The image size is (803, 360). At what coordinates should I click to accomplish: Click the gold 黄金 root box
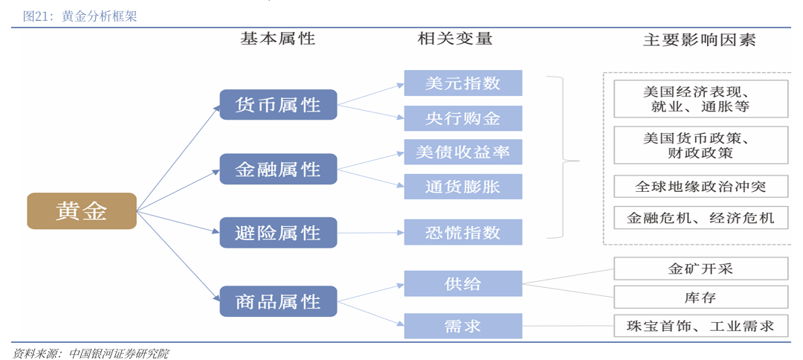[x=82, y=211]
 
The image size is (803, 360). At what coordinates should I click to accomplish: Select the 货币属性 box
[x=278, y=105]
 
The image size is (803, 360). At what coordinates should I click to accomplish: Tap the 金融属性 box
[x=278, y=169]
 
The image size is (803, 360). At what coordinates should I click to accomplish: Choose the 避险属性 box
[x=278, y=233]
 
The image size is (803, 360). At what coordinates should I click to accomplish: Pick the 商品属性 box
[x=278, y=301]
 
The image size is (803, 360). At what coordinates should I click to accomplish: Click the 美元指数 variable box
[x=462, y=83]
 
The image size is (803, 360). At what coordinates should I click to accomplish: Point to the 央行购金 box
[x=462, y=118]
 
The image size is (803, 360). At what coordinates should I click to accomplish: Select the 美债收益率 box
[x=462, y=152]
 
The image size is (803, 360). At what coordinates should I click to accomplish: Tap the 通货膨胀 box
[x=462, y=187]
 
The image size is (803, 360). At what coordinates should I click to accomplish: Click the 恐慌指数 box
[x=462, y=232]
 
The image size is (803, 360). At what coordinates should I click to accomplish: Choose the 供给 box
[x=462, y=283]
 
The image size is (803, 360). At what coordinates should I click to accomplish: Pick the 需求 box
[x=462, y=326]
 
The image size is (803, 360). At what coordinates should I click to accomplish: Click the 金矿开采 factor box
[x=700, y=269]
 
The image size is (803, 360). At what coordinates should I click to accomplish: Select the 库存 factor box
[x=700, y=297]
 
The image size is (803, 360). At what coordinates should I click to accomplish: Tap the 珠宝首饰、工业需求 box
[x=700, y=326]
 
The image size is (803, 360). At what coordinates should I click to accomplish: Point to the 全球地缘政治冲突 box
[x=700, y=186]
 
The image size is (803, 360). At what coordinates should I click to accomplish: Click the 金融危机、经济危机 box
[x=700, y=218]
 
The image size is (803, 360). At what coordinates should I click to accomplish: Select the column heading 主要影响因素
[x=699, y=40]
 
